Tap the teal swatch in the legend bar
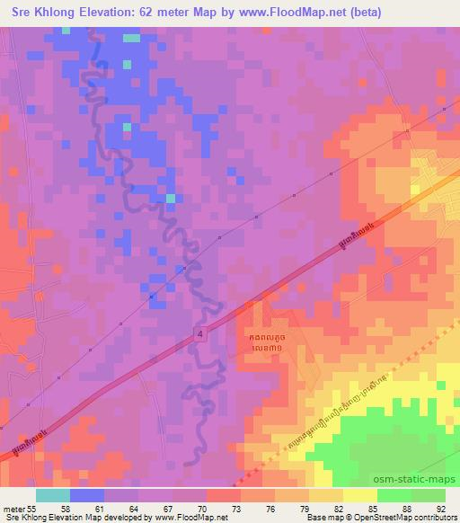[53, 494]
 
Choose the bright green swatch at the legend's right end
[428, 494]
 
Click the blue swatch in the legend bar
[87, 494]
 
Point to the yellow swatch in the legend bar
[360, 494]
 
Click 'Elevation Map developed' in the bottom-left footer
[90, 519]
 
